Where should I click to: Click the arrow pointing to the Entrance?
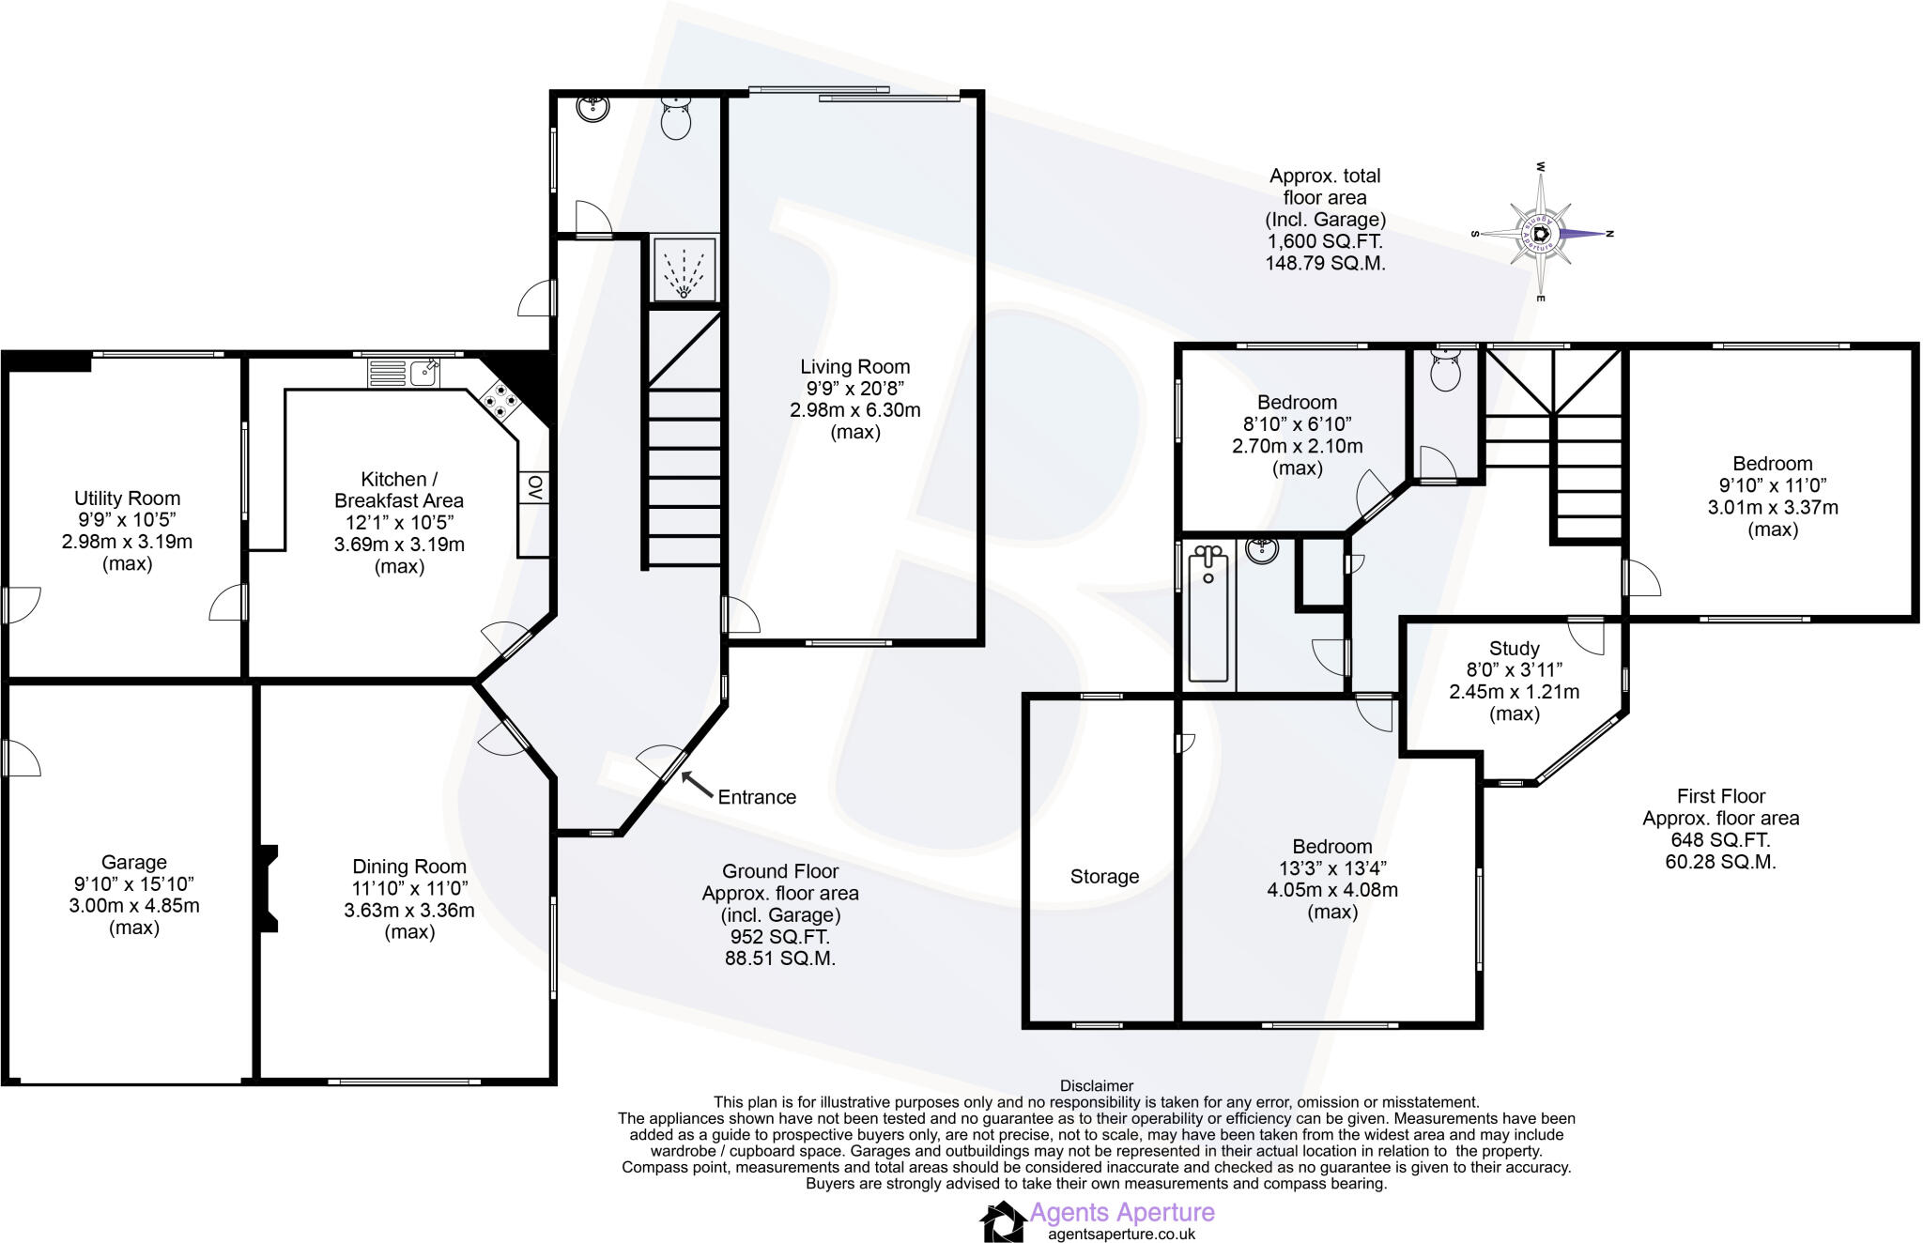[x=696, y=784]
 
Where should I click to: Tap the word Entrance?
[x=757, y=797]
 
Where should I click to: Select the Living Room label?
[x=854, y=367]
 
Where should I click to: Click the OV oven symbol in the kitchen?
[x=534, y=487]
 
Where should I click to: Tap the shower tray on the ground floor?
[x=685, y=269]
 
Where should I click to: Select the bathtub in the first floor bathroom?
[x=1208, y=614]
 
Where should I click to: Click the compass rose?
[x=1541, y=234]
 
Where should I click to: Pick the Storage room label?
[x=1104, y=877]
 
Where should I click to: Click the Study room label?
[x=1514, y=649]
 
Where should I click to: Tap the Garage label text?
[x=134, y=862]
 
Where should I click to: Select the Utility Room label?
[x=127, y=499]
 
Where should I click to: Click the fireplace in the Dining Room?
[x=268, y=888]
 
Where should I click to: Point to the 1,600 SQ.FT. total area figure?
[x=1325, y=241]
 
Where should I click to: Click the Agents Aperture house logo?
[x=1002, y=1222]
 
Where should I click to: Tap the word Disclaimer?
[x=1096, y=1086]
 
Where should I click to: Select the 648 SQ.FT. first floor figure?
[x=1720, y=840]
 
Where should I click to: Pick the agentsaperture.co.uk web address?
[x=1121, y=1235]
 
